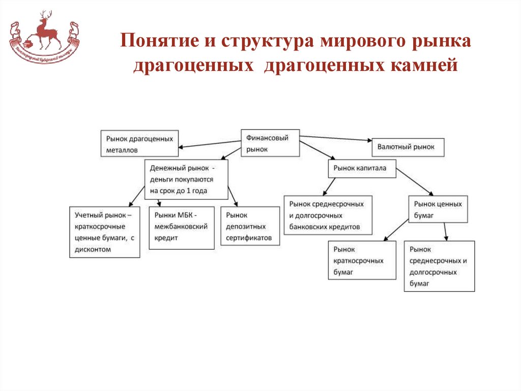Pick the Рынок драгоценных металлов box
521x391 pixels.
coord(139,144)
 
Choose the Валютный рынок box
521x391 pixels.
coord(408,147)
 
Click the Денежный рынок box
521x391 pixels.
coord(186,179)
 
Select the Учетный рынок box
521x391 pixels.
coord(104,232)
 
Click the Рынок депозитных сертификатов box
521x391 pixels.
coord(250,226)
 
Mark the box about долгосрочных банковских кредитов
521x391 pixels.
coord(327,215)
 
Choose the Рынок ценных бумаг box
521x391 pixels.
coord(438,210)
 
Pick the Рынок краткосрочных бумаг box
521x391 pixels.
coord(362,260)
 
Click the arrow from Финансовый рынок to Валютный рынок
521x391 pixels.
coord(336,138)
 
